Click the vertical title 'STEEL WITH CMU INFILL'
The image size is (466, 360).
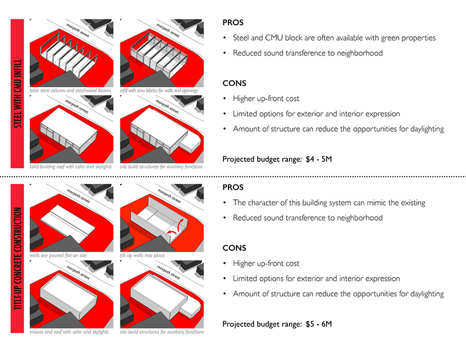click(18, 94)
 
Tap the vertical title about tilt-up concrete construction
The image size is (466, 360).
click(18, 259)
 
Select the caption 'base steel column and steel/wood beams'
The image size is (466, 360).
click(70, 90)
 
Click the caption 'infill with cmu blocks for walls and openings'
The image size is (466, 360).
click(159, 90)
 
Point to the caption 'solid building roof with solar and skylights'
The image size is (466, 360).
click(71, 167)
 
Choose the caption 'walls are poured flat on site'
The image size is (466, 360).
click(58, 255)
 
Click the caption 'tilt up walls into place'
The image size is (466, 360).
click(142, 255)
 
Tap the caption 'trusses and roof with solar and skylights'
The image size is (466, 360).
click(69, 332)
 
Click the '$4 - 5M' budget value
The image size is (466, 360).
click(318, 159)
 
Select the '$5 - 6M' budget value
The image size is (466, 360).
click(318, 324)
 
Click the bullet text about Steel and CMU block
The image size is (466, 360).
click(334, 38)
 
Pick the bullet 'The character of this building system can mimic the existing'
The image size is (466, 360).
click(329, 203)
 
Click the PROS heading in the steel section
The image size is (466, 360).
click(233, 23)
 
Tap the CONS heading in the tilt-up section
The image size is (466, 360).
click(234, 248)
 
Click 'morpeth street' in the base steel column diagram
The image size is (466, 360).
click(78, 30)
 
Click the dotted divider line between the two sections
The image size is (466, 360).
click(233, 177)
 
